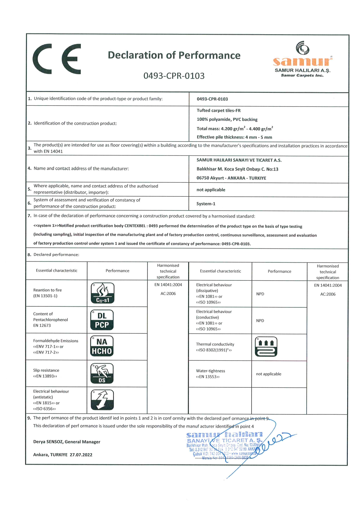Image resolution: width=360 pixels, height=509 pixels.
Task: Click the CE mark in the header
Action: pos(57,59)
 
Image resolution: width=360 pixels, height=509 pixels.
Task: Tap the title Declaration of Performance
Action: pos(174,55)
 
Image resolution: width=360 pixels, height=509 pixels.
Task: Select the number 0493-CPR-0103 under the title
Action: pos(174,76)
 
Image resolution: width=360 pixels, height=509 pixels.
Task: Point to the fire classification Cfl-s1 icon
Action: pos(102,293)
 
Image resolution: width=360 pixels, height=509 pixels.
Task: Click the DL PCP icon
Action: pos(102,320)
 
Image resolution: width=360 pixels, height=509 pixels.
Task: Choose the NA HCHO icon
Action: pos(102,346)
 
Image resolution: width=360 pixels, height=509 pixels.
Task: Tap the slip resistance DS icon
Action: pos(102,373)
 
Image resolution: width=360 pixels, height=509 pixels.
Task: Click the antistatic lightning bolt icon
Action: pos(102,400)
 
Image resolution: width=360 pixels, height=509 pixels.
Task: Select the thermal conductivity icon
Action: pos(266,347)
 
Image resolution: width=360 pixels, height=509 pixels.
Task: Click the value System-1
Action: pos(206,204)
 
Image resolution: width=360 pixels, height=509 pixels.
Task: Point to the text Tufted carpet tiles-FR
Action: pos(219,111)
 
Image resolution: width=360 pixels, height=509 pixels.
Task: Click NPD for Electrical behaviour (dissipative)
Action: pos(260,294)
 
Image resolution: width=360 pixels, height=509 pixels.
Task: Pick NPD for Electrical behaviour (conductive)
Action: pos(260,321)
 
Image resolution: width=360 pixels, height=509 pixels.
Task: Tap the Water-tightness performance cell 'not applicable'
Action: pos(269,374)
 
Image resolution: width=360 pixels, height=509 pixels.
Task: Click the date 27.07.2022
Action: pos(81,455)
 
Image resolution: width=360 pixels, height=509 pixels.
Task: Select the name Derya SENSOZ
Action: pos(48,442)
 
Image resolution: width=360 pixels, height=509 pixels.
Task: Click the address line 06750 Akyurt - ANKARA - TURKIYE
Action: pos(231,178)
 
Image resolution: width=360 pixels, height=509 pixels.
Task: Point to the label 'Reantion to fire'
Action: pos(47,290)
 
